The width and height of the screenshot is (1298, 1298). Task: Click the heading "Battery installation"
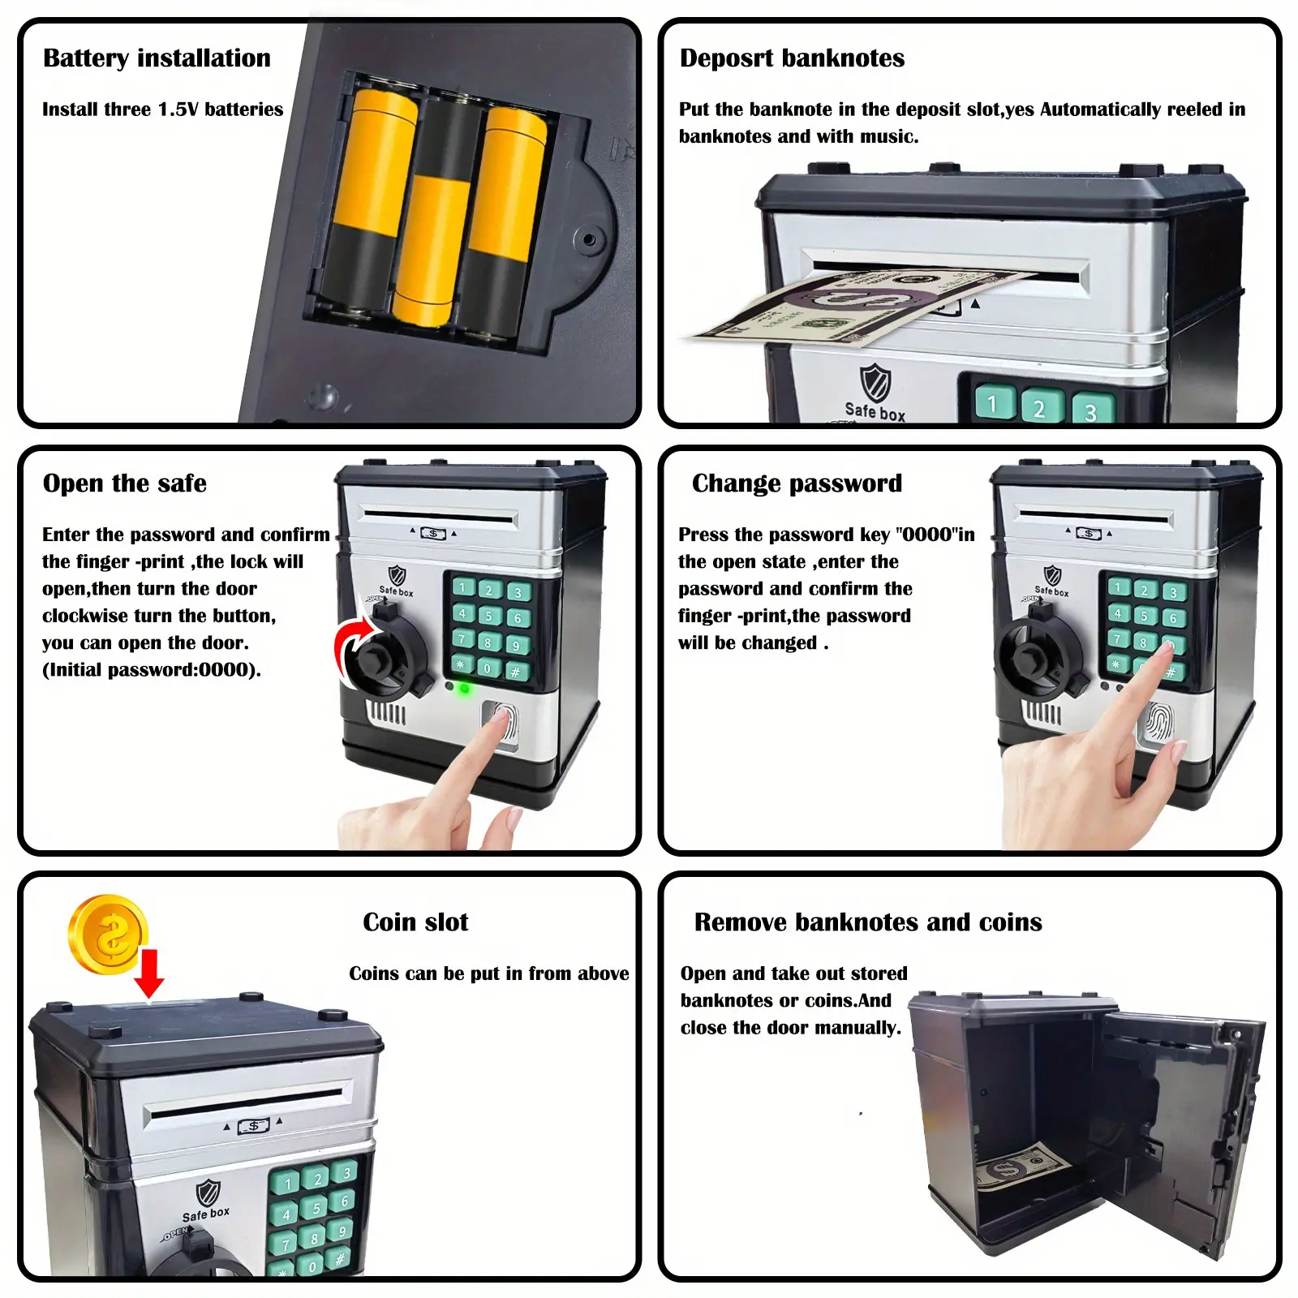pos(157,58)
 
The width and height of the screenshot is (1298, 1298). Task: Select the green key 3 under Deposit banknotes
pos(1092,410)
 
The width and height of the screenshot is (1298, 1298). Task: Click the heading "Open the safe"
pos(125,484)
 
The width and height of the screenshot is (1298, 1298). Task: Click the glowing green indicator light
pos(464,689)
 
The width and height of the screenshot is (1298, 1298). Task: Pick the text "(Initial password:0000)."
pos(152,670)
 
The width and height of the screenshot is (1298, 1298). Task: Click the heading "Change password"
pos(797,484)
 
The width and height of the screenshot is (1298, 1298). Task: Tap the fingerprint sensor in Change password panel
pos(1158,722)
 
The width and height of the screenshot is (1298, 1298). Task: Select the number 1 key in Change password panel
pos(1120,587)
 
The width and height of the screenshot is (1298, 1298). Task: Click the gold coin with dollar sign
pos(108,935)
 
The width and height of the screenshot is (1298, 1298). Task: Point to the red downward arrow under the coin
pos(148,973)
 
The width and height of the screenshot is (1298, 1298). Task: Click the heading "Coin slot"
pos(415,922)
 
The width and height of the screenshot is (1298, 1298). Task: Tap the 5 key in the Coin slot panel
pos(316,1208)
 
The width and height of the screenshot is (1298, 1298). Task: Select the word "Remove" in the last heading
pos(741,922)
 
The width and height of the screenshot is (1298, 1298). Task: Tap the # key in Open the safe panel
pos(515,672)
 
